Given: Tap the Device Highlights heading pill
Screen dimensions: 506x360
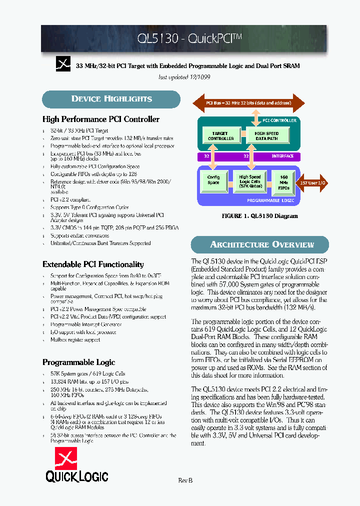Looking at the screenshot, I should [x=111, y=99].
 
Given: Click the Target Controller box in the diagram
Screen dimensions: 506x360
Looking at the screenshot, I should [x=220, y=136].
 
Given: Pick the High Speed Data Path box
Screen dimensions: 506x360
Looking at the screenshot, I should [x=266, y=136].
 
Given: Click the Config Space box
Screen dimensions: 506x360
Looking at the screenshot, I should [x=213, y=180].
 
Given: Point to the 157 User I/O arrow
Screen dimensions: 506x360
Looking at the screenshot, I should [x=313, y=183].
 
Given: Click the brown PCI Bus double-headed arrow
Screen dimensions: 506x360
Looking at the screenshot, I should [x=248, y=103].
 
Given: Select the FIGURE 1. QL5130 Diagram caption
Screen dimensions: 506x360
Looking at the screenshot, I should [x=259, y=216].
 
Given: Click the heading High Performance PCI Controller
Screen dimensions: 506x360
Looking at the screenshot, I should [x=101, y=119].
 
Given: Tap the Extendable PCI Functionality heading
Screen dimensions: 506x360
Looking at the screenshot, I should [x=93, y=264].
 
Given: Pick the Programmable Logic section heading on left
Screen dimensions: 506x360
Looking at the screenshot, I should [x=78, y=362].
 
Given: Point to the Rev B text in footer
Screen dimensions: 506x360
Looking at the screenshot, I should [x=185, y=480].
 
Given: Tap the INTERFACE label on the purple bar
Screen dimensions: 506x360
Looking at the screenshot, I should [x=282, y=156].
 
